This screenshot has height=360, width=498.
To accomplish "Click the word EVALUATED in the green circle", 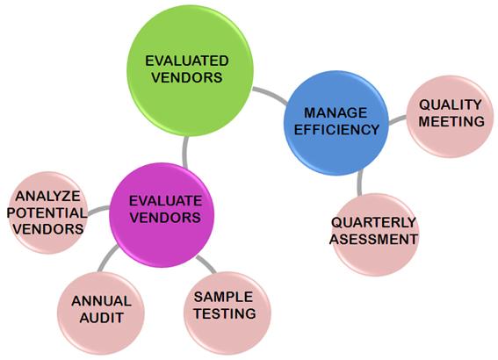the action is [x=187, y=61].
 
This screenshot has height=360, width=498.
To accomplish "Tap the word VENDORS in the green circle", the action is [x=187, y=77].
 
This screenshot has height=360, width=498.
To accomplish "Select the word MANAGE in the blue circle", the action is [x=336, y=112].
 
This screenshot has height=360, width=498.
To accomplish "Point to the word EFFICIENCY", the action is [x=336, y=129].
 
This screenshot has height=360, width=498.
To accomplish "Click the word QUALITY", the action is [x=451, y=104].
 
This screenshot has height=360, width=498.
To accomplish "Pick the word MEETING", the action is [x=451, y=121].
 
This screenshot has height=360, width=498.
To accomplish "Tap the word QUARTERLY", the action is [x=373, y=222].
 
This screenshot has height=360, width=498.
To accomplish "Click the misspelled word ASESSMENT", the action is [x=373, y=239].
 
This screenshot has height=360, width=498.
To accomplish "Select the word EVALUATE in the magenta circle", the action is [x=165, y=201].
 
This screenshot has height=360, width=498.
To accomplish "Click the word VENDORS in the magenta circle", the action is [x=165, y=218].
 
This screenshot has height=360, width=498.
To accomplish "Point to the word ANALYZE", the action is [x=47, y=196].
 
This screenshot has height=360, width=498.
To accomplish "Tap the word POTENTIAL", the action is [x=47, y=212].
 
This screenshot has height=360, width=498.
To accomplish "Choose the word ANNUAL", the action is [x=101, y=301].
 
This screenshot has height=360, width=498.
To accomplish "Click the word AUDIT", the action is [x=101, y=318].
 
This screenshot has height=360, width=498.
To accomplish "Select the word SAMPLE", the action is [x=223, y=297].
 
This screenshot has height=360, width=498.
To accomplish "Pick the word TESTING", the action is [x=225, y=313].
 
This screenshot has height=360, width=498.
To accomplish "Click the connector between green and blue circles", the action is [x=271, y=94].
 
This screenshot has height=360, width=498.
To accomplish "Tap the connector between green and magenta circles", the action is [x=184, y=153].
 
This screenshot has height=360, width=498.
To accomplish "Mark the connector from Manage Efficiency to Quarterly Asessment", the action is [x=359, y=183].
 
